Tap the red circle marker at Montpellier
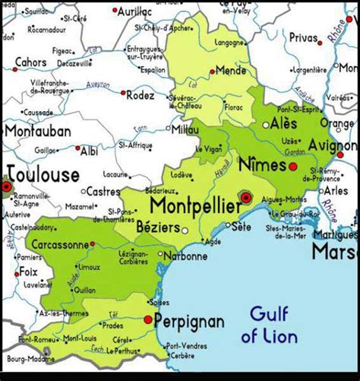tap(245, 197)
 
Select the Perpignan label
tap(189, 322)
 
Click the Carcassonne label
tap(57, 246)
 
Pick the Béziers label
tap(155, 227)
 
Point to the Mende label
tap(231, 69)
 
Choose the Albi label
tap(89, 151)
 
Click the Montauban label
tap(37, 131)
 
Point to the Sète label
tap(242, 227)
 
